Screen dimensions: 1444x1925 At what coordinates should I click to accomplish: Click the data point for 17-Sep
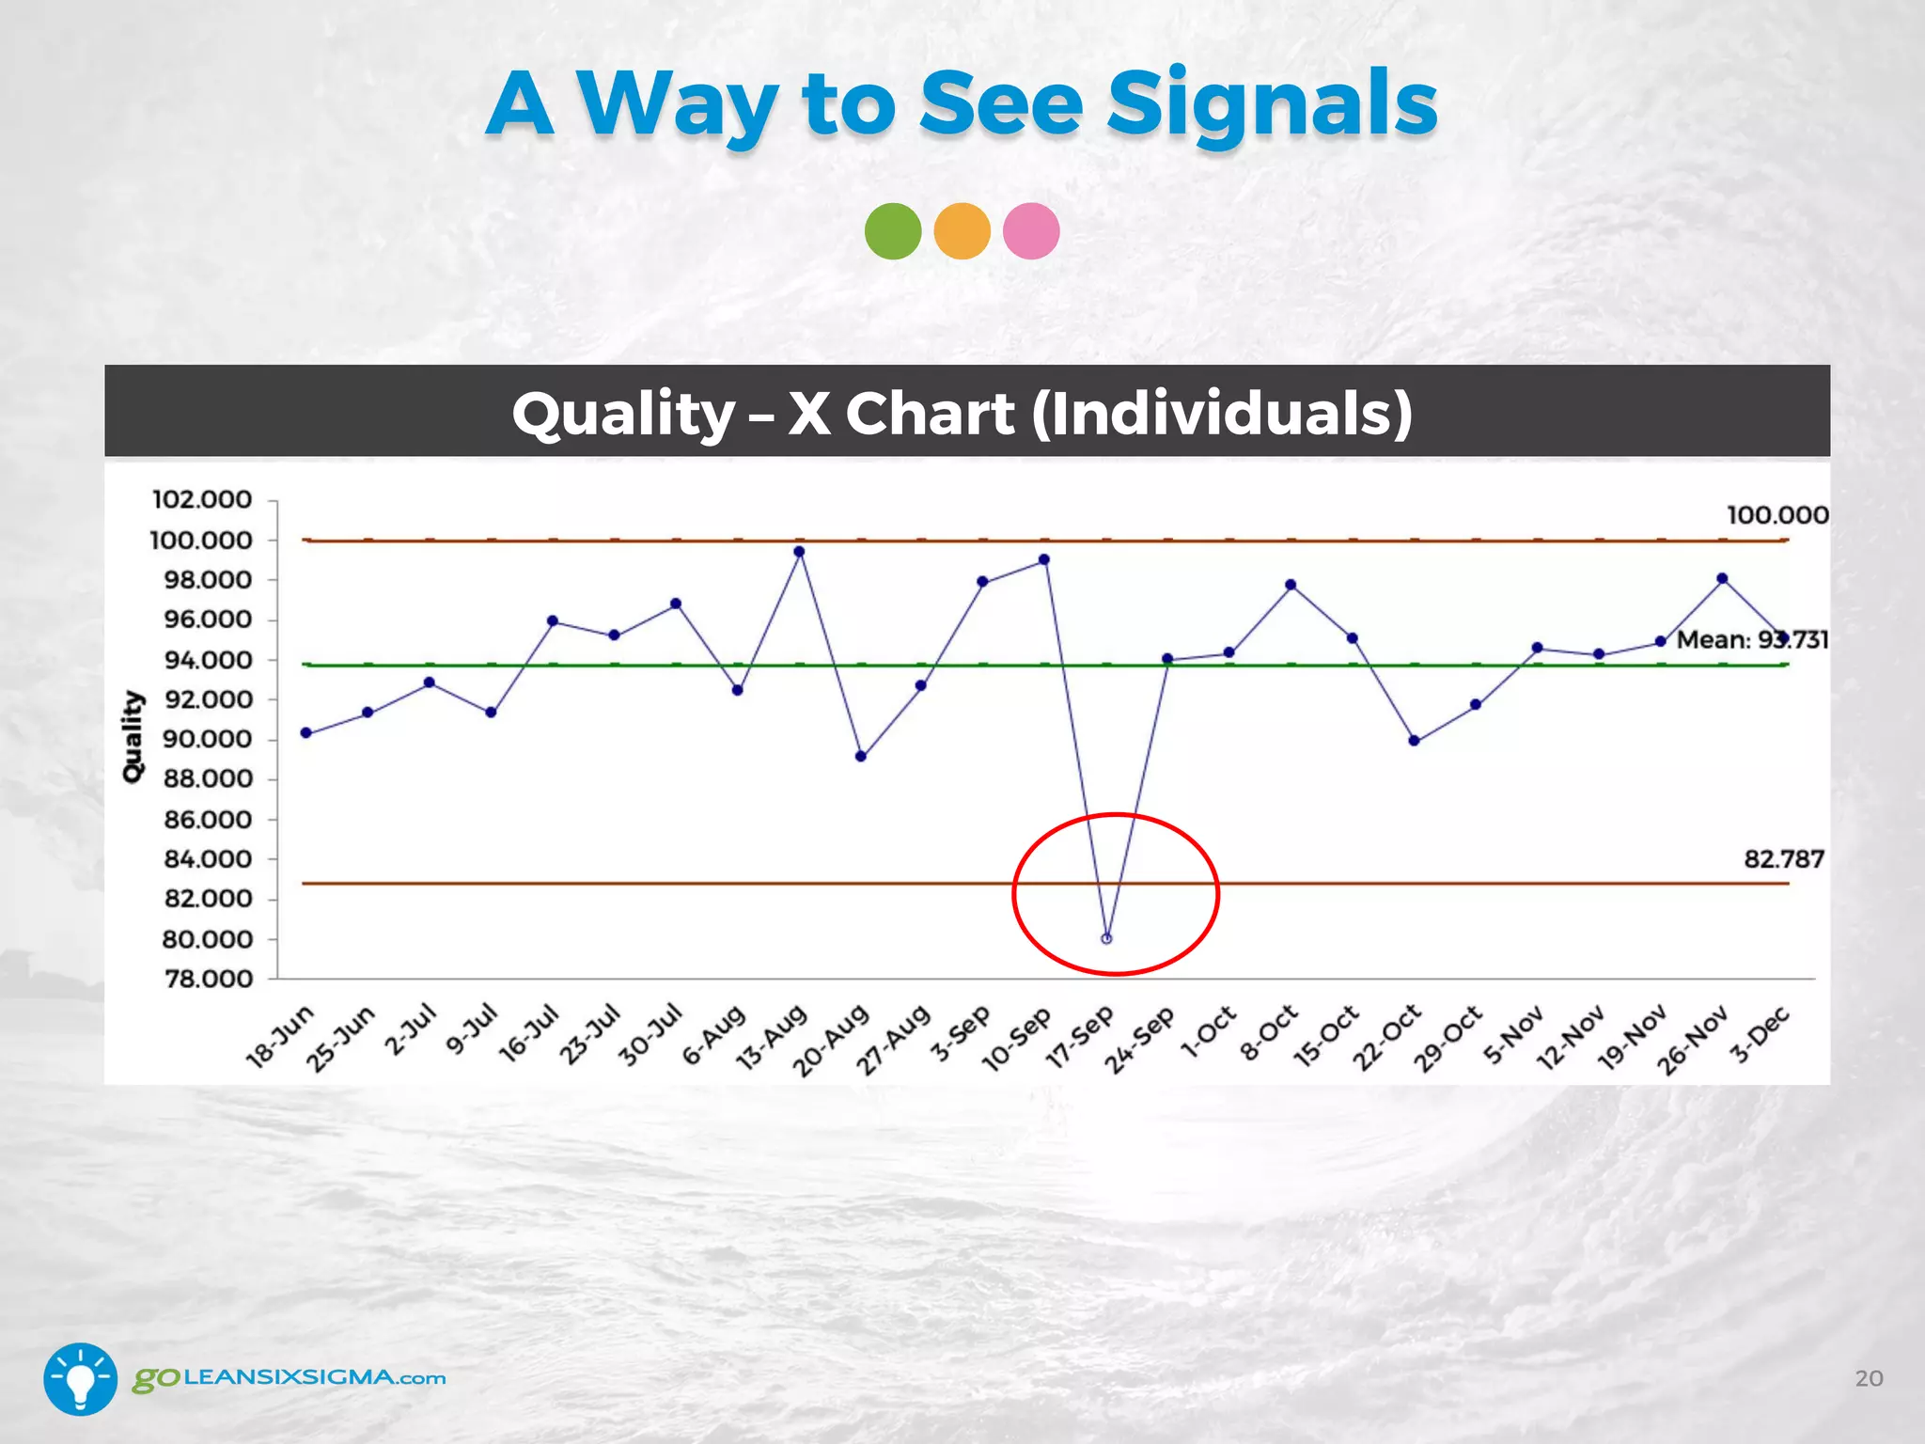pos(1106,938)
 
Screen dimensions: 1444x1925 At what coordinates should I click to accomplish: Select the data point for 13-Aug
pos(799,552)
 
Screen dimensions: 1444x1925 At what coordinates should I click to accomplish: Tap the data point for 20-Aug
pos(861,756)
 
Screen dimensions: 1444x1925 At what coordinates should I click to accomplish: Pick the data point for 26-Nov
pos(1722,579)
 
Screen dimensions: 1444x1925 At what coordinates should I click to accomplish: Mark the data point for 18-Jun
pos(306,732)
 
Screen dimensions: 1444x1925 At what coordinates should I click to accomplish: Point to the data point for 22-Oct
pos(1415,741)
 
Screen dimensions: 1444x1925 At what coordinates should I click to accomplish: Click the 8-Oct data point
pos(1291,585)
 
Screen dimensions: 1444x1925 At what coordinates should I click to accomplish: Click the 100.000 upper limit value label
pos(1776,515)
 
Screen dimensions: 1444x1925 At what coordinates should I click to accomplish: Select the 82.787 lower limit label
pos(1783,859)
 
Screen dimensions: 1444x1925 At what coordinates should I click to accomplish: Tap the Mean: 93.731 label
pos(1752,640)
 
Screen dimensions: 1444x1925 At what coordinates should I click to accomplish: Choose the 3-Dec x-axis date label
pos(1761,1034)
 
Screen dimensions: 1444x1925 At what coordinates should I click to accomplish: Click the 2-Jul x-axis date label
pos(412,1030)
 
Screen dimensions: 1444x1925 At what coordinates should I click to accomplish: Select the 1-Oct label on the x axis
pos(1209,1032)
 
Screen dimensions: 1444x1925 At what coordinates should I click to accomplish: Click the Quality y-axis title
pos(133,736)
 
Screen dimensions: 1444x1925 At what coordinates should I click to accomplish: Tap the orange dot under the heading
pos(962,231)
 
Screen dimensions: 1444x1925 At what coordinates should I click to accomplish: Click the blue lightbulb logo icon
pos(81,1378)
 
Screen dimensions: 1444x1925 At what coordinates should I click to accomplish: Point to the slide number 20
pos(1869,1378)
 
